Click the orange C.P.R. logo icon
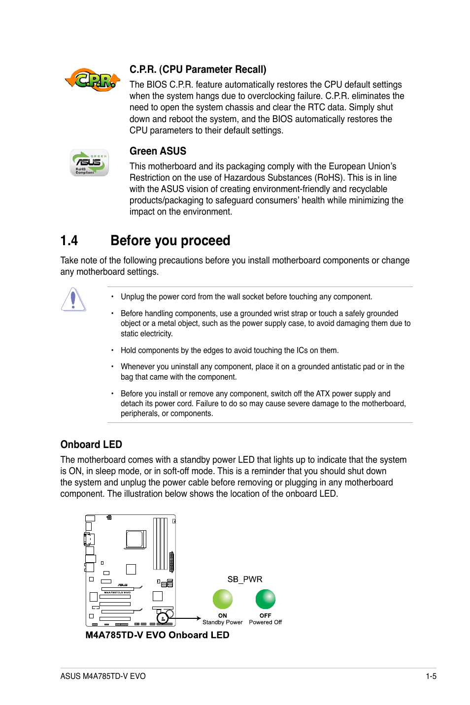coord(93,80)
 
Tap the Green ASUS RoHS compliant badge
coord(89,162)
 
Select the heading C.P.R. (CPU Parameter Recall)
coord(198,69)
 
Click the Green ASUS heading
coord(158,151)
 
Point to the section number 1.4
coord(69,241)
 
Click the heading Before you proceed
coord(170,241)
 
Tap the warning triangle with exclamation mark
coord(73,299)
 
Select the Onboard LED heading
coord(91,445)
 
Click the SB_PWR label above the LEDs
coord(244,579)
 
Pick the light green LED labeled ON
coord(223,599)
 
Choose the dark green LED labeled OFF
coord(266,599)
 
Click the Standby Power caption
coord(223,622)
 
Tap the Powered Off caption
coord(266,622)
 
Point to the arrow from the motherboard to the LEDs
coord(185,618)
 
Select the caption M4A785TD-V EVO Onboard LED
coord(157,635)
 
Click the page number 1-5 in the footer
coord(431,676)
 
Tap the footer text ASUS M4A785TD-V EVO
coord(103,676)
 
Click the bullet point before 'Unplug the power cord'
coord(112,297)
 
